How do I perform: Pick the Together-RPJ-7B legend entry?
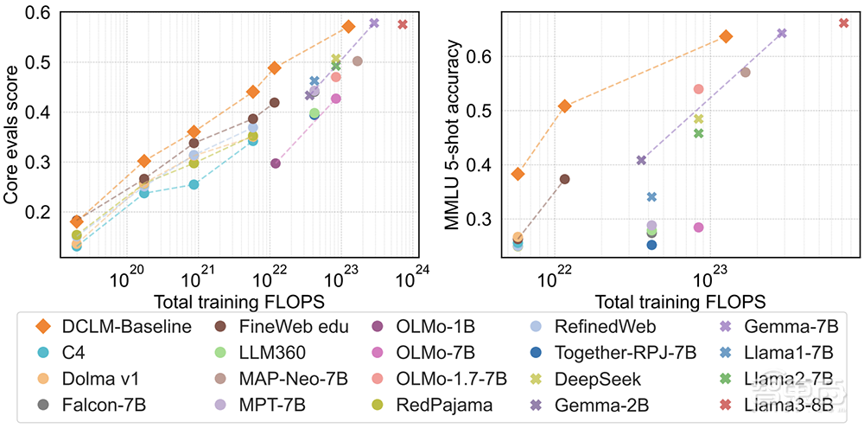pyautogui.click(x=605, y=352)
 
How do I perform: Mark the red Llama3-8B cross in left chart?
pyautogui.click(x=403, y=24)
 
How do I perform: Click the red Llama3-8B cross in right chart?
pyautogui.click(x=844, y=22)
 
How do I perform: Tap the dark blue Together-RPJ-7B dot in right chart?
pyautogui.click(x=652, y=245)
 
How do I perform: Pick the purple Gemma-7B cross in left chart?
pyautogui.click(x=374, y=22)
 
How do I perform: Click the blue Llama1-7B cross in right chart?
pyautogui.click(x=652, y=197)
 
